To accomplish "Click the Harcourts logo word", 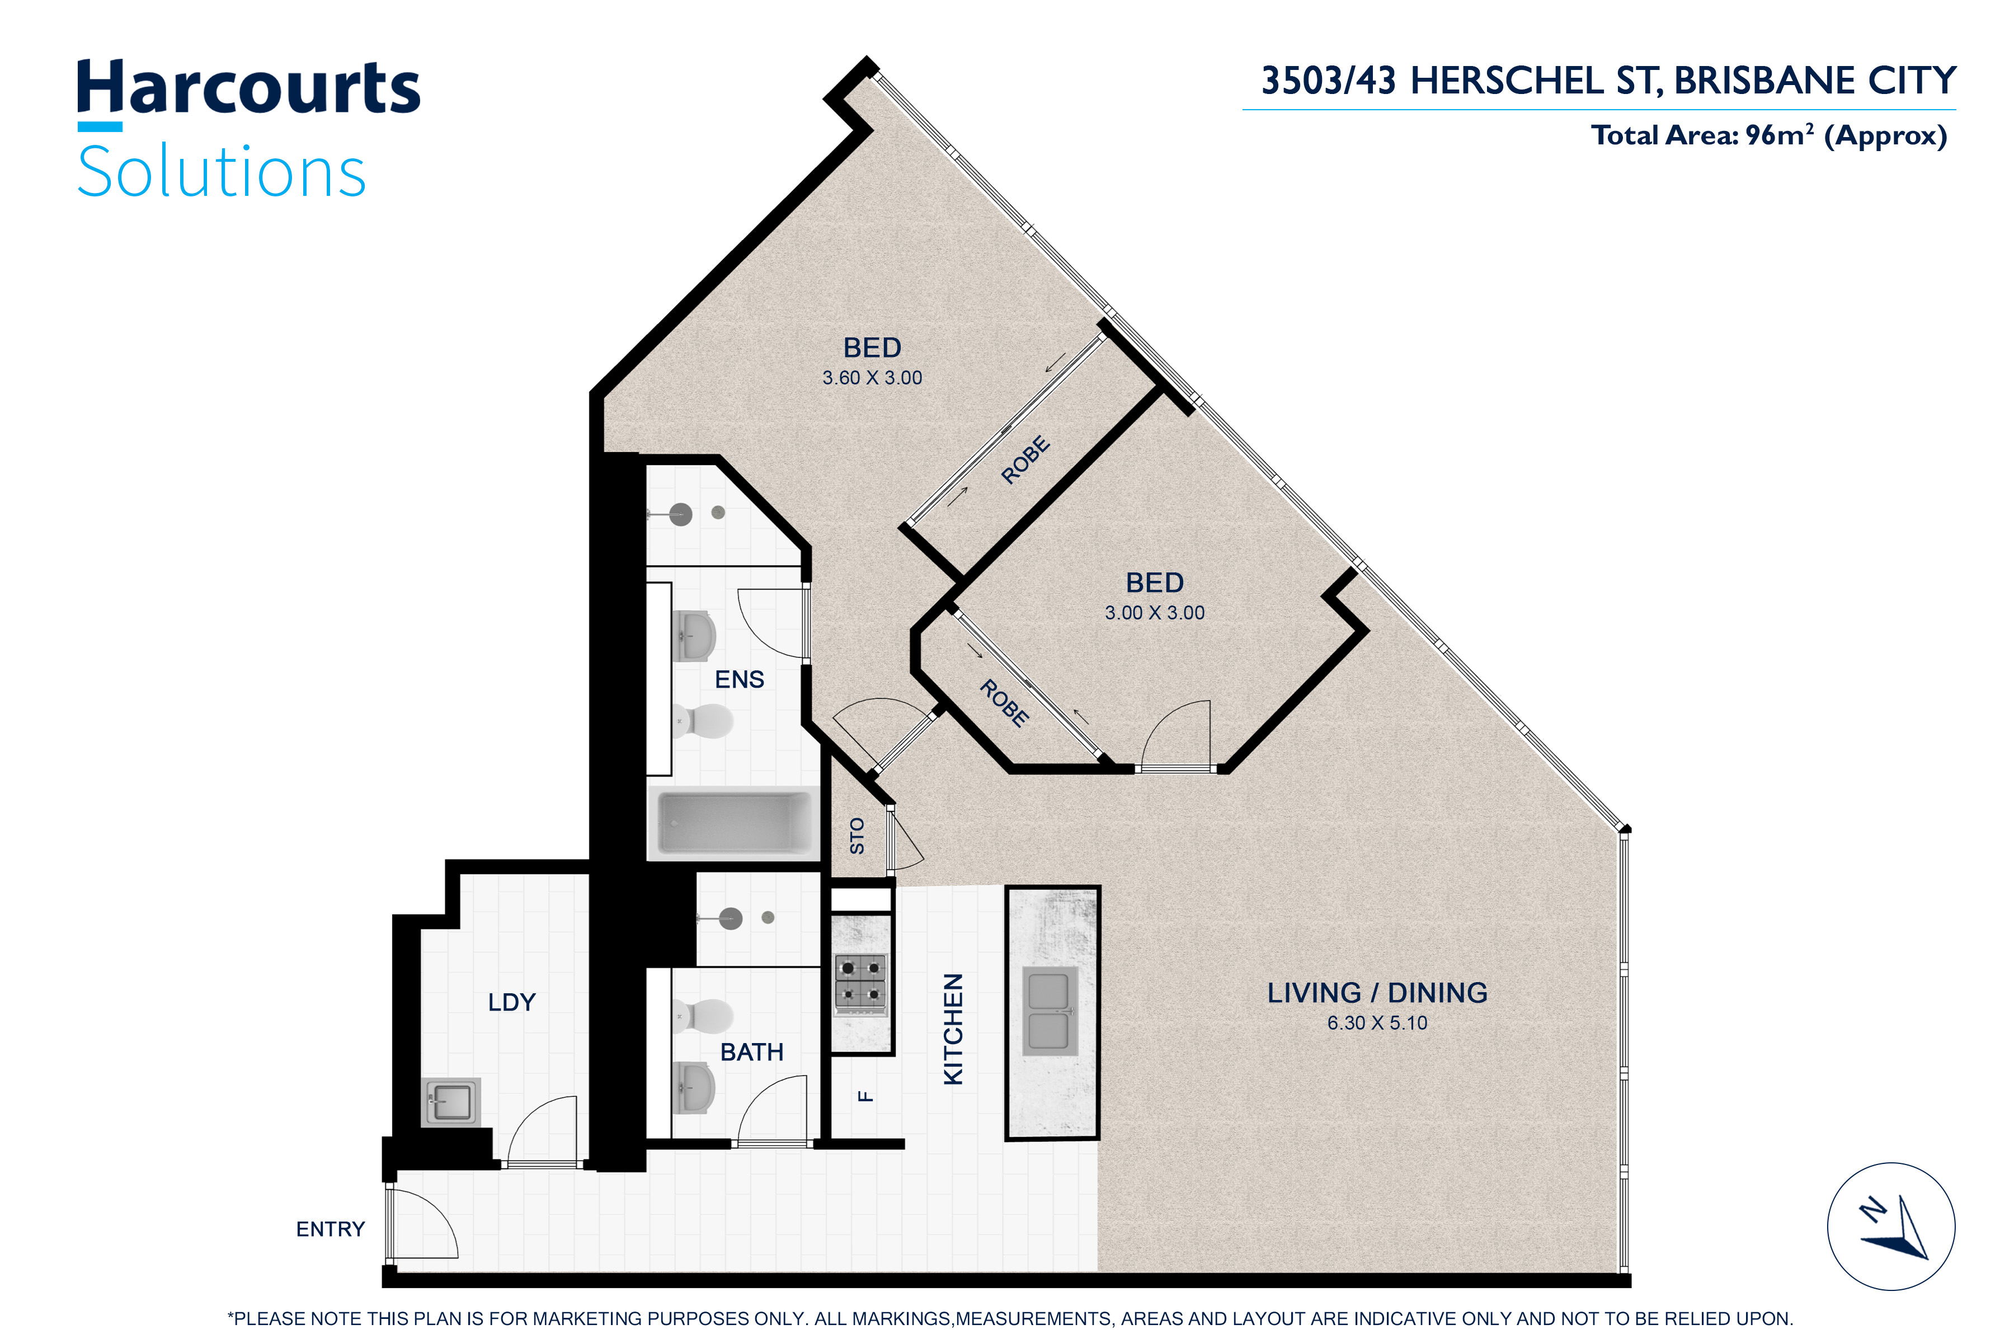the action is tap(248, 88).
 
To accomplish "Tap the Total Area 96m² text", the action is tap(1768, 135).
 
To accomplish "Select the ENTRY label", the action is tap(331, 1229).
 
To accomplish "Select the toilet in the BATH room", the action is tap(703, 1016).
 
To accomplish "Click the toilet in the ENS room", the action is tap(703, 721).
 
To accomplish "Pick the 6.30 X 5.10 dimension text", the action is tap(1377, 1023).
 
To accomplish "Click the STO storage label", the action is tap(857, 836).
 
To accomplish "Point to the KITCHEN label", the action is tap(953, 1029).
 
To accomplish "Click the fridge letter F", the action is tap(865, 1096).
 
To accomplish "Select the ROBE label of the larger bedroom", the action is tap(1025, 460).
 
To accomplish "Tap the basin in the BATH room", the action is tap(694, 1088).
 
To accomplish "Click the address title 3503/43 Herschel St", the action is tap(1608, 81).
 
